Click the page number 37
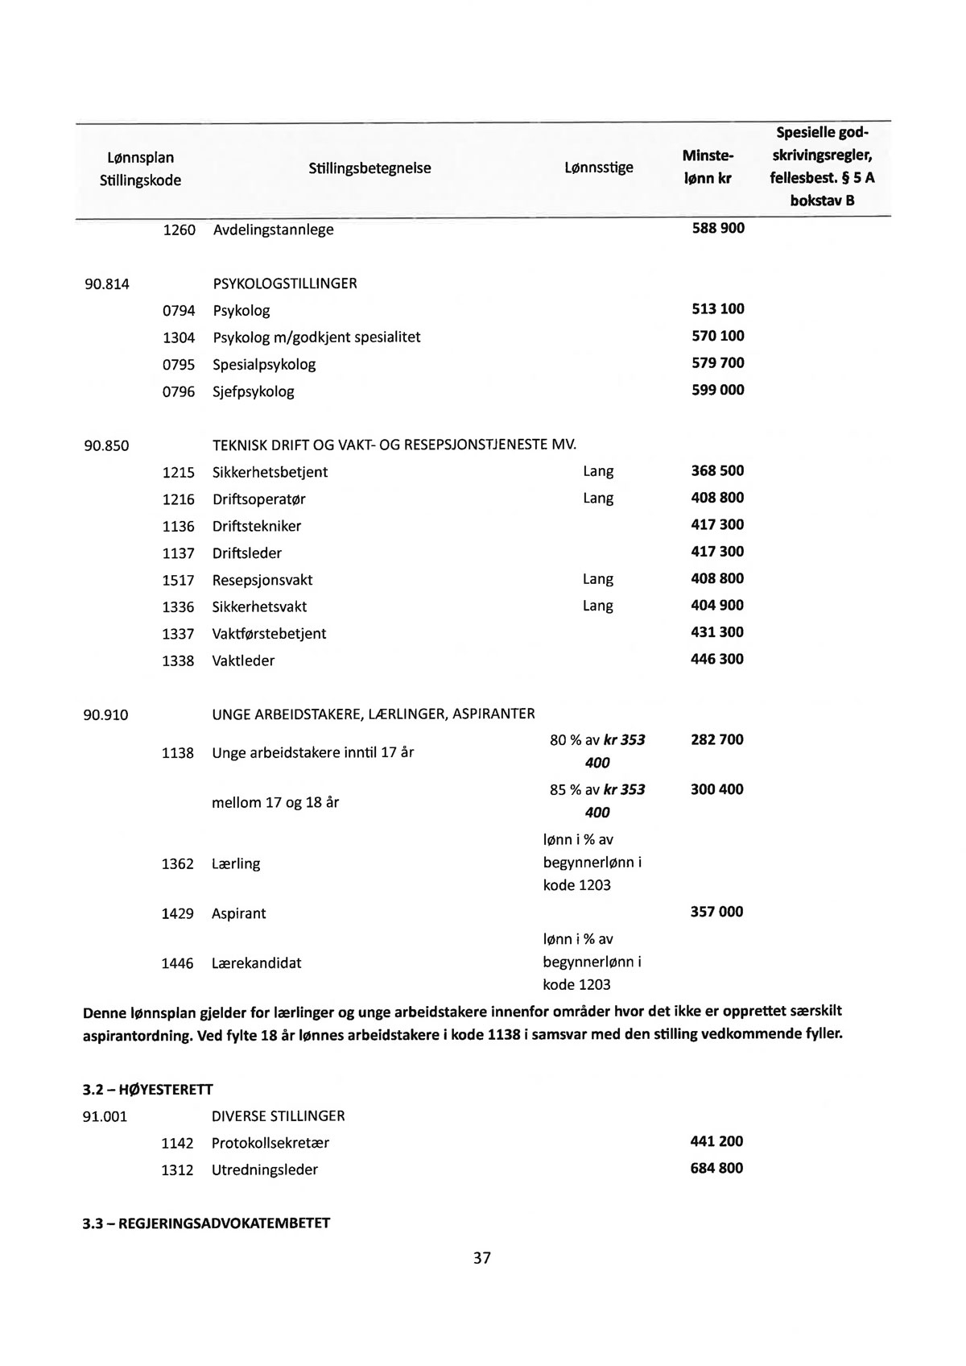point(481,1257)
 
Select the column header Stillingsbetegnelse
point(369,168)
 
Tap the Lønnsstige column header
point(598,168)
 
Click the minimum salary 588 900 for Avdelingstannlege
point(718,229)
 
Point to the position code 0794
point(179,311)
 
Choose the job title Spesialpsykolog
point(264,365)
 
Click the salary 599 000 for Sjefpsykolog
point(718,391)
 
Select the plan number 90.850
point(106,445)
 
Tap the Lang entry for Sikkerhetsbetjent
point(597,471)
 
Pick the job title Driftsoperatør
point(258,499)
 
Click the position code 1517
point(179,581)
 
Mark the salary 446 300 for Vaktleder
point(717,660)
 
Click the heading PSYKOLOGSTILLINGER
point(284,284)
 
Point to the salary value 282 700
point(717,739)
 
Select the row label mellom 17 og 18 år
point(275,803)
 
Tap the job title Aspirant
point(238,914)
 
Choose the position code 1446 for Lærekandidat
point(178,963)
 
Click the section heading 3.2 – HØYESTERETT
point(148,1091)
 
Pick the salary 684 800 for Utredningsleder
point(716,1169)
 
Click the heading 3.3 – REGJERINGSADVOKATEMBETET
point(206,1223)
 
